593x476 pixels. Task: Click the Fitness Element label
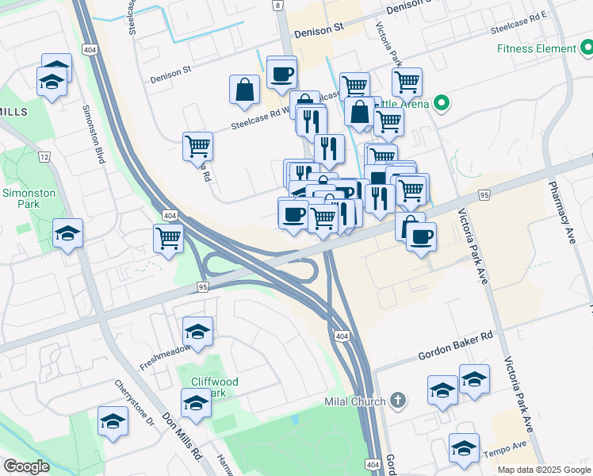coord(535,48)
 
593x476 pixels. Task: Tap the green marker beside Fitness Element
coord(584,48)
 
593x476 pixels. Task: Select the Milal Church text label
coord(354,401)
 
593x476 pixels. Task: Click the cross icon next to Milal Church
coord(398,401)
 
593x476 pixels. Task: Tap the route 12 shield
coord(44,157)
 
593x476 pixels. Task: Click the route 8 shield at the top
coord(277,5)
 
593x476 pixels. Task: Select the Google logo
coord(27,466)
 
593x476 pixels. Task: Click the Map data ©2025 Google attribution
coord(544,470)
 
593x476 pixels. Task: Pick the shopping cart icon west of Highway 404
coord(168,237)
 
